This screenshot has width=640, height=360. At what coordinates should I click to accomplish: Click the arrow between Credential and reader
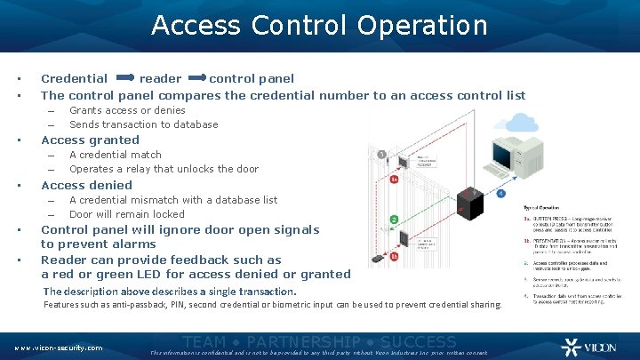point(124,79)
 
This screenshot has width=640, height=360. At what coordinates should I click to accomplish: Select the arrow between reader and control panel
point(195,79)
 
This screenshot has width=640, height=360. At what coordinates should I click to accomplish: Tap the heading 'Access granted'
point(90,140)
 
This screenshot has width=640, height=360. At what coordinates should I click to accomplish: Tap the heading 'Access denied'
point(86,185)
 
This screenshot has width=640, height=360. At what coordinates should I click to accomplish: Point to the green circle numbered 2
point(394,219)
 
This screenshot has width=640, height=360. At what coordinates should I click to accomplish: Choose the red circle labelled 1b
point(394,256)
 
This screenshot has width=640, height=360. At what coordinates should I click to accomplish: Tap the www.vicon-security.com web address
point(58,348)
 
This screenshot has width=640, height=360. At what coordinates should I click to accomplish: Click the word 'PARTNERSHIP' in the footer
point(304,341)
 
